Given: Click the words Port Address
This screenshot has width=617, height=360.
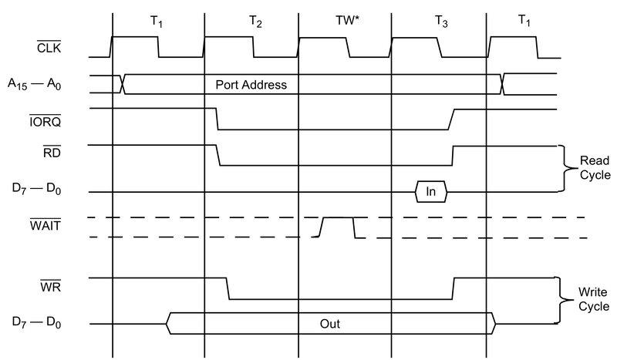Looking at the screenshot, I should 251,84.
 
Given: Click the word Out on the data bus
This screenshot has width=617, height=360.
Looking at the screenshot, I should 330,323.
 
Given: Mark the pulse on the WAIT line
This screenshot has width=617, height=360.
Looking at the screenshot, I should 337,227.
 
